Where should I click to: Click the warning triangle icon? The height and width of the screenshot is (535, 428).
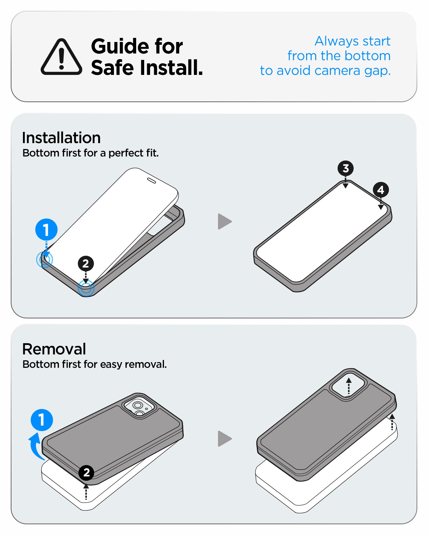coord(61,57)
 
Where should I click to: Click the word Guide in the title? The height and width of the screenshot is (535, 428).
coord(120,46)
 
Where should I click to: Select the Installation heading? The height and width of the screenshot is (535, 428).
coord(61,138)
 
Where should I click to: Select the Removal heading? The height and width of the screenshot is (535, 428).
coord(54,349)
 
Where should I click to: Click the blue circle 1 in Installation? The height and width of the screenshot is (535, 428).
coord(46,230)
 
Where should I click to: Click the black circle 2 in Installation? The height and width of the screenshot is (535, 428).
coord(86,263)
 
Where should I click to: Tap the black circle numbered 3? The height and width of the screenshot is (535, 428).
coord(345,168)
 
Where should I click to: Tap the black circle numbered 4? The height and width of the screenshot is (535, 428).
coord(381,190)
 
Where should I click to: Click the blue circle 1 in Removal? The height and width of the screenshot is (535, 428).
coord(42,420)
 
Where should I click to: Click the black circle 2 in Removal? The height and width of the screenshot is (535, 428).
coord(86,473)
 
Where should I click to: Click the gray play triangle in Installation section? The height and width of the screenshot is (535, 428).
coord(224,221)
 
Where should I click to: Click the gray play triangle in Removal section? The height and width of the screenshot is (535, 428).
coord(224,439)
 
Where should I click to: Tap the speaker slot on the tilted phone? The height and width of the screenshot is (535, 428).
coord(151,181)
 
